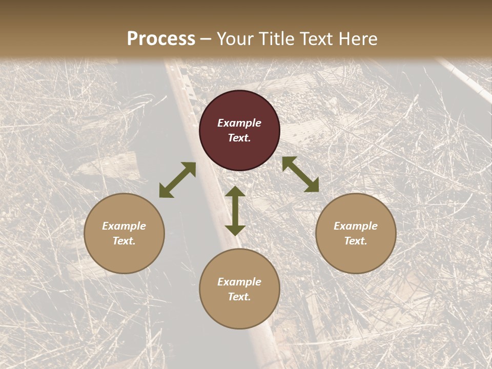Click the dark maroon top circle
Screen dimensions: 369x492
pos(239,130)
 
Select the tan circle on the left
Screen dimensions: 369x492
pos(124,233)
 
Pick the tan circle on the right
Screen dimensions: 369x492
pos(356,233)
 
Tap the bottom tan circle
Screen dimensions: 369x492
pos(239,289)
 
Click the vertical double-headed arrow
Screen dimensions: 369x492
pos(235,211)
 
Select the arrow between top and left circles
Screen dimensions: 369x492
pos(177,180)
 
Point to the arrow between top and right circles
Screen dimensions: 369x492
pos(301,174)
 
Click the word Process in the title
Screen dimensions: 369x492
pos(161,39)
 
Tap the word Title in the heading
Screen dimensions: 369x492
pos(277,39)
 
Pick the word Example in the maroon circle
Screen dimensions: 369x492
pos(239,123)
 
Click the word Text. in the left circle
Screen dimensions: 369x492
pos(124,241)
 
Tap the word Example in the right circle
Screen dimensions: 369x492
pos(356,226)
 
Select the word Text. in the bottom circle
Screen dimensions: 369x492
pos(239,297)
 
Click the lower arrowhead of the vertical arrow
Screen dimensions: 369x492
pos(235,230)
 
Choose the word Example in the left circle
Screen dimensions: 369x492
pos(124,226)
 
